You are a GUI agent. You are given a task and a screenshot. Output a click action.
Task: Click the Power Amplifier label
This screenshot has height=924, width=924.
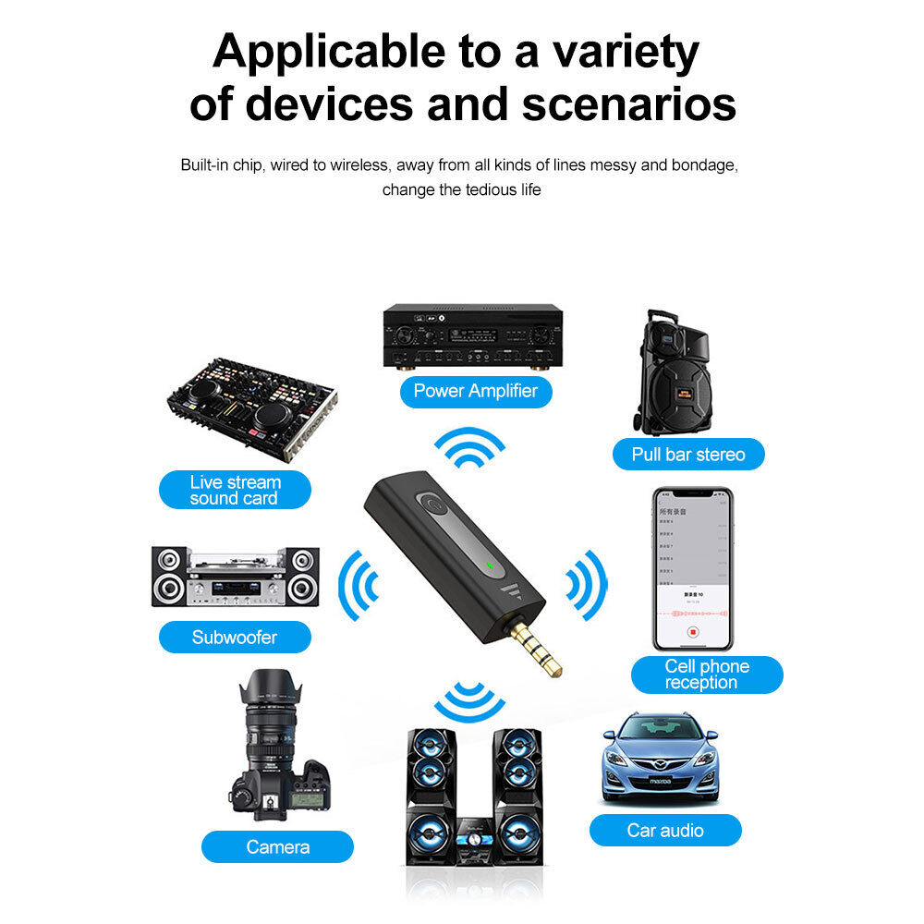click(475, 391)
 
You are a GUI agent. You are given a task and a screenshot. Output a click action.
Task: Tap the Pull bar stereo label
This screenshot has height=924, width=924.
click(688, 454)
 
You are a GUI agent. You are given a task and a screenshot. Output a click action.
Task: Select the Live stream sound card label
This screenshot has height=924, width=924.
click(235, 490)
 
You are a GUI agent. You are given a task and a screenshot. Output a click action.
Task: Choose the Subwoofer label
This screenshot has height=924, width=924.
click(235, 637)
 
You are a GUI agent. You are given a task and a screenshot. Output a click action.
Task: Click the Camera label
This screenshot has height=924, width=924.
click(277, 846)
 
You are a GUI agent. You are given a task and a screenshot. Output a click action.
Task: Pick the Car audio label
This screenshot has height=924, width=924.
click(665, 830)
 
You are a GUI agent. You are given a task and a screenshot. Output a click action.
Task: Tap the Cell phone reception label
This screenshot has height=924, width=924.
click(707, 675)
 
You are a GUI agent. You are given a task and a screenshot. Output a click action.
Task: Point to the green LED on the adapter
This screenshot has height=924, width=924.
click(489, 565)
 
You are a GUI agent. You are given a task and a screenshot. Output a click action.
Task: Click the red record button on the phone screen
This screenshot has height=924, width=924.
click(691, 633)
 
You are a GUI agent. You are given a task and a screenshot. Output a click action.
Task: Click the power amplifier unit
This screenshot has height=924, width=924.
click(473, 336)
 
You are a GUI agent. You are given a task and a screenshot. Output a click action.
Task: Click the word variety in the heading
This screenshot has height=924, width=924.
click(626, 53)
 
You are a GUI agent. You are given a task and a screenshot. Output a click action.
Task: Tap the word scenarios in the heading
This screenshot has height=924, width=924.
click(629, 104)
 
